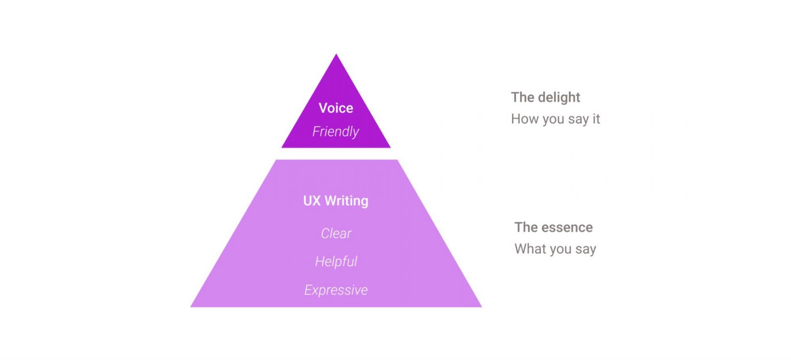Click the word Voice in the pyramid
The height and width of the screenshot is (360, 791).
pos(336,108)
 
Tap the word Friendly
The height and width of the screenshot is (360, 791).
pos(336,132)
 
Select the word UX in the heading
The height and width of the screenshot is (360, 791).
pos(312,201)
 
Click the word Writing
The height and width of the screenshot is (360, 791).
pos(347,201)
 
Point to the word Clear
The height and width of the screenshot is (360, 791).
pos(336,233)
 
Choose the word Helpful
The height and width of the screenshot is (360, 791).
pos(336,262)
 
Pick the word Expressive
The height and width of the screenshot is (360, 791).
pos(336,290)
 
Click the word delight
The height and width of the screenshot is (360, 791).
pos(559,98)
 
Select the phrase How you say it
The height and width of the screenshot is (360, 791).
pos(555,119)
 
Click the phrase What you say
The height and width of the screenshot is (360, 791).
pos(555,249)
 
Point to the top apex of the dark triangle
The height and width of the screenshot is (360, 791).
pos(336,54)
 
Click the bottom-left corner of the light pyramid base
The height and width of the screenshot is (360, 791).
pos(190,307)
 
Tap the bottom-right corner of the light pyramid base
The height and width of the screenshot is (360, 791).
pos(482,307)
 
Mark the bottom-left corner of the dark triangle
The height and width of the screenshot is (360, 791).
pos(282,148)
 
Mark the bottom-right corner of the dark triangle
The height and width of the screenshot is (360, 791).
pos(391,148)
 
